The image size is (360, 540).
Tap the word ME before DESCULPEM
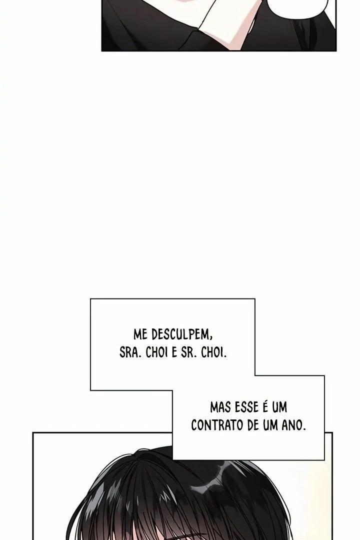point(140,334)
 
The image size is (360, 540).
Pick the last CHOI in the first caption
point(213,353)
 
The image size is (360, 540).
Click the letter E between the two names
point(174,353)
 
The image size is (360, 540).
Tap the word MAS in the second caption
point(220,408)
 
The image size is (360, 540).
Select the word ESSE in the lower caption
point(246,408)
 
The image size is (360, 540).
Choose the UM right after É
point(279,408)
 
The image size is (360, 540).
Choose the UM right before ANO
point(271,425)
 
